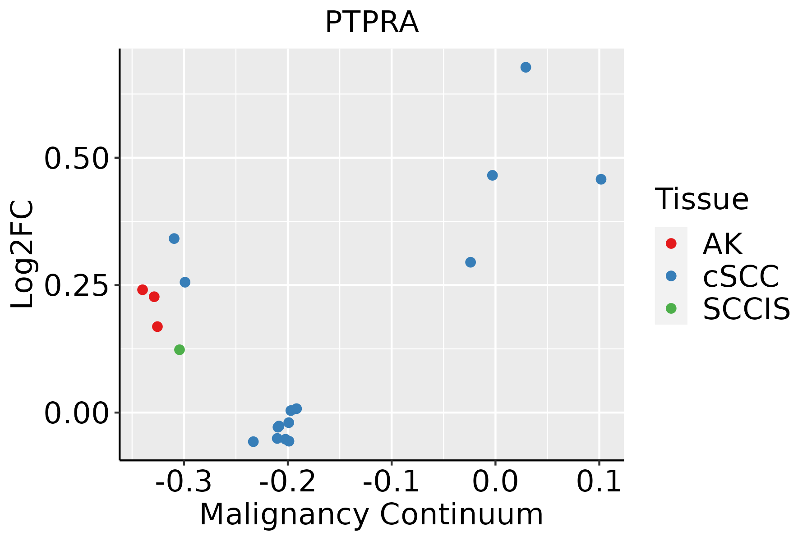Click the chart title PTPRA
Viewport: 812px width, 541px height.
pyautogui.click(x=372, y=23)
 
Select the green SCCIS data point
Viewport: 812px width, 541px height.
pyautogui.click(x=180, y=350)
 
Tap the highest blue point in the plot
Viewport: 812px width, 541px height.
pyautogui.click(x=526, y=68)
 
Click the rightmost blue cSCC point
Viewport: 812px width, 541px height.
pyautogui.click(x=601, y=179)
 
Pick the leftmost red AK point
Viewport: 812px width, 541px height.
pyautogui.click(x=143, y=289)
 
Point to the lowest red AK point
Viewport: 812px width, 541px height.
pyautogui.click(x=157, y=327)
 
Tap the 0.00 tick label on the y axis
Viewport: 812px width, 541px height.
pyautogui.click(x=77, y=414)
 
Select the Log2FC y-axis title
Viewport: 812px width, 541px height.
pyautogui.click(x=23, y=255)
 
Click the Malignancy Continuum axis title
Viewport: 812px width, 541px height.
pyautogui.click(x=371, y=515)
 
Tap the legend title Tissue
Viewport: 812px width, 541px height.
pyautogui.click(x=701, y=199)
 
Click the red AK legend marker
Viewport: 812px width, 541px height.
pyautogui.click(x=671, y=243)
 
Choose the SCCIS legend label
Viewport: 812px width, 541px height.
pyautogui.click(x=746, y=309)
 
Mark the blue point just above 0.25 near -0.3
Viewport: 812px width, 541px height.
pyautogui.click(x=185, y=282)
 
